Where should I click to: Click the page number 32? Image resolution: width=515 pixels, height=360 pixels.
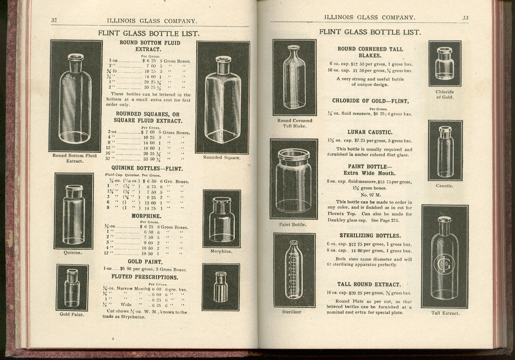click(54, 20)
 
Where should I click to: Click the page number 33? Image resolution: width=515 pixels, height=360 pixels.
click(465, 18)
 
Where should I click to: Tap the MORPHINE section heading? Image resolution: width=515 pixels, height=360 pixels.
click(146, 216)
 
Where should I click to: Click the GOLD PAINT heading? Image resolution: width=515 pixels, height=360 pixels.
click(145, 262)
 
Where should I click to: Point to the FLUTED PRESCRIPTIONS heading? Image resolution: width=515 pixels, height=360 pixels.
click(144, 277)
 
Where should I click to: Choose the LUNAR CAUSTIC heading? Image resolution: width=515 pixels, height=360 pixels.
click(370, 132)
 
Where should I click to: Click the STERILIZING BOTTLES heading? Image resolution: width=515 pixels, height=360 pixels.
click(370, 235)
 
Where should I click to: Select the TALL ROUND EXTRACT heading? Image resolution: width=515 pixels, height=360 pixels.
click(369, 284)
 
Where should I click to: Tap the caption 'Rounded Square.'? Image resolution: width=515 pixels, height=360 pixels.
click(222, 157)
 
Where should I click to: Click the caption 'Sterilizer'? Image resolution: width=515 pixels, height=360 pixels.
click(292, 311)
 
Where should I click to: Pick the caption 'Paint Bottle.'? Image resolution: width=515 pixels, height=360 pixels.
click(293, 225)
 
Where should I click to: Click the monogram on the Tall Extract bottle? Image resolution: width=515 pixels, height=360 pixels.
click(444, 263)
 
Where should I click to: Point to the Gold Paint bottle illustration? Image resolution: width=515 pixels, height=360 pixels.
click(72, 288)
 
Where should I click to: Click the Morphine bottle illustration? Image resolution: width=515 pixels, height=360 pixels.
click(221, 219)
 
